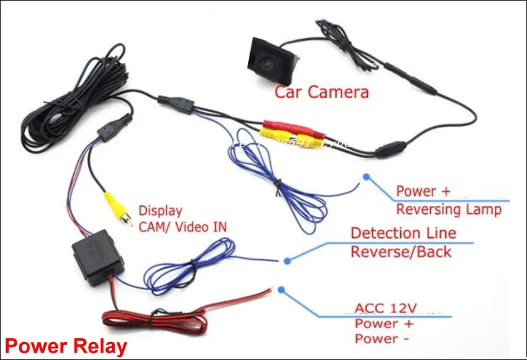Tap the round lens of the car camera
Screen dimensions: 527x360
[x=267, y=63]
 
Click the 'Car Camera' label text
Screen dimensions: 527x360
[x=322, y=92]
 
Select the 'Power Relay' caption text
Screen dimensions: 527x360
[x=65, y=346]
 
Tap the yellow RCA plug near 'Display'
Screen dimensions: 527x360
[x=115, y=207]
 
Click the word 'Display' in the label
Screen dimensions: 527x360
[x=160, y=211]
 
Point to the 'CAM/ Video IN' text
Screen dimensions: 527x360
[x=182, y=227]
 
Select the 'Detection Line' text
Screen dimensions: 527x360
[x=403, y=233]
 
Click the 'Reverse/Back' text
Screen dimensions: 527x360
[x=400, y=252]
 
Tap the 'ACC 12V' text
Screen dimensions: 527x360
[x=386, y=309]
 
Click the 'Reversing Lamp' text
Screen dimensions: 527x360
[x=448, y=209]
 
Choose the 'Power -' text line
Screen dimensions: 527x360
[x=382, y=339]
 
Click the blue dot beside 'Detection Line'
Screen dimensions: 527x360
[x=287, y=261]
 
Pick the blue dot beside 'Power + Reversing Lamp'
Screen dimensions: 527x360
[x=366, y=177]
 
